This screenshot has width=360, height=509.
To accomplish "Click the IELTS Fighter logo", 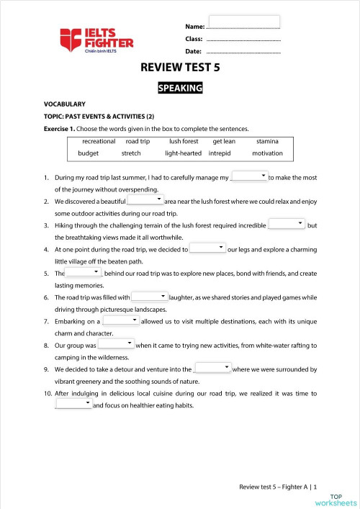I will (x=96, y=39).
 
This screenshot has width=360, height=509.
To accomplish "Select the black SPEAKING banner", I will (x=180, y=89).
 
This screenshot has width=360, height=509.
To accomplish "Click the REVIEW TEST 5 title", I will (x=180, y=69).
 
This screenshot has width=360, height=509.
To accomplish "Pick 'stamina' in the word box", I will (x=268, y=141).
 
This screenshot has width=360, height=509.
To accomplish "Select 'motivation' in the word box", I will (x=268, y=153).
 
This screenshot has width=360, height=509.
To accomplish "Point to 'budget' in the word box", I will (x=89, y=153).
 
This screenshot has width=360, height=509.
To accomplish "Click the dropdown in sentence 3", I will (x=287, y=224).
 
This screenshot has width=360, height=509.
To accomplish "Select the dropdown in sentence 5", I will (x=84, y=272).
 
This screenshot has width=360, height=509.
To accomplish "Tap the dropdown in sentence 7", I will (x=121, y=320).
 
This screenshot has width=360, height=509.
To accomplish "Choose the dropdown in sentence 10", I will (x=73, y=403).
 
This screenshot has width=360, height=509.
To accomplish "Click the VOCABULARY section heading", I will (x=65, y=104).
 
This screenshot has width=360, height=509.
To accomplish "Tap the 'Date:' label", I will (x=193, y=52).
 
